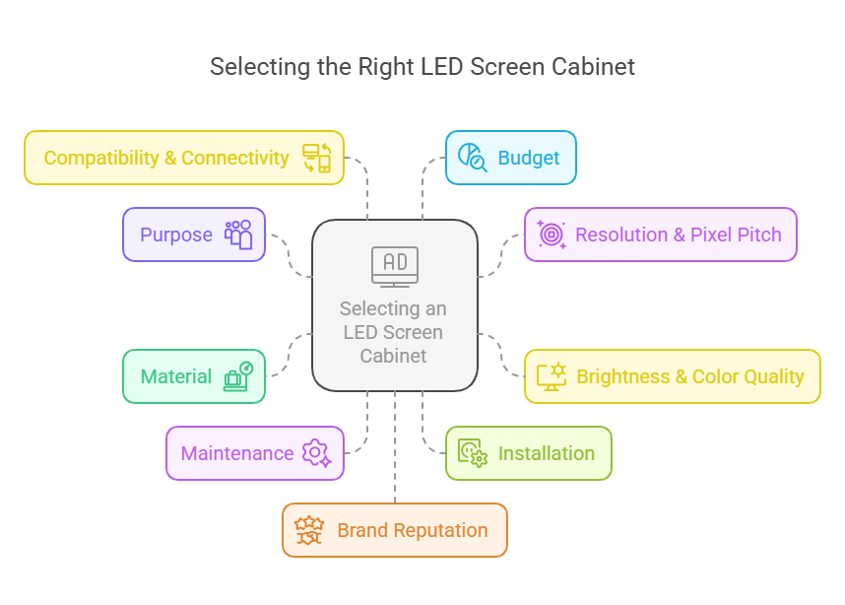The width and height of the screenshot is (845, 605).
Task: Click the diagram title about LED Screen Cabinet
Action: coord(422,67)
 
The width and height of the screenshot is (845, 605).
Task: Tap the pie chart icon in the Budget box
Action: coord(472,158)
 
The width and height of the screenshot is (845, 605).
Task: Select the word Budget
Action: coord(529,158)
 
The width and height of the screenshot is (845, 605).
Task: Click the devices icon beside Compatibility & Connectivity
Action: coord(316,158)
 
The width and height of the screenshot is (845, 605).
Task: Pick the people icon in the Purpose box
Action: coord(238,235)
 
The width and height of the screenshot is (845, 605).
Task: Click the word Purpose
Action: coord(176,235)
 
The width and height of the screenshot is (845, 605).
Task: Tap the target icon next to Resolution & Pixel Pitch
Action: coord(551,235)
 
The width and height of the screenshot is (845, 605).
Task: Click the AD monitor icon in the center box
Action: coord(394,265)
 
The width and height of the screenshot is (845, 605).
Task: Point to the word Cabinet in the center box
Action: coord(393,356)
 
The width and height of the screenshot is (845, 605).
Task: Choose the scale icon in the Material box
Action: coord(237,376)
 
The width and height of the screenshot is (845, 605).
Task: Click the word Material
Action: coord(176,376)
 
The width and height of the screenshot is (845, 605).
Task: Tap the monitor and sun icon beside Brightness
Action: coord(551,376)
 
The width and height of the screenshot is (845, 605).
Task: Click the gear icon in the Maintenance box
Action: coord(316,453)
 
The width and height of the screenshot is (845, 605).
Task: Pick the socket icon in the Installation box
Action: coord(472,453)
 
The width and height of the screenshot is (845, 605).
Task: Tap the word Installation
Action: coord(547,453)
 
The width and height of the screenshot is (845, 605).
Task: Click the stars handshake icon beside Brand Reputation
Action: coord(310,530)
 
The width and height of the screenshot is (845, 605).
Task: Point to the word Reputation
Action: coord(440,530)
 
